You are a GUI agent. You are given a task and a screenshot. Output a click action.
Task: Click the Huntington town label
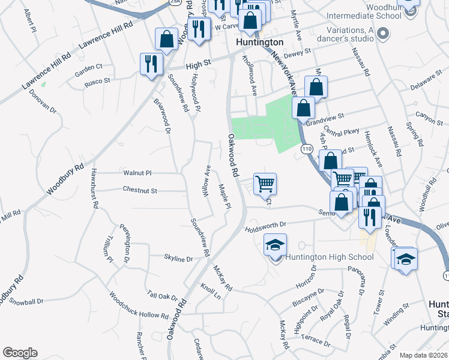259,43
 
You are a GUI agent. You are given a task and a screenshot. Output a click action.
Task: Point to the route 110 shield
307,148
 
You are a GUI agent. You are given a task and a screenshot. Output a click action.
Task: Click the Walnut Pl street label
137,173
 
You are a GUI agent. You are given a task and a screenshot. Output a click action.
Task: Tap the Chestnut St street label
139,191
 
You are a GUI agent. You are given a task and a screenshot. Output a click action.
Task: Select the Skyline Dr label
178,259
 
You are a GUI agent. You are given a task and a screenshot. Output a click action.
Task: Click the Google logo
20,353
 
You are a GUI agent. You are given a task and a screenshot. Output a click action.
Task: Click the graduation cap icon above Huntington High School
275,245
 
